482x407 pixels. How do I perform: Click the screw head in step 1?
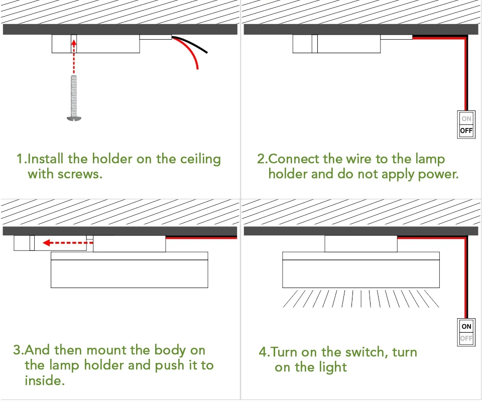pos(73,118)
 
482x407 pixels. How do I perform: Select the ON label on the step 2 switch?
pos(466,119)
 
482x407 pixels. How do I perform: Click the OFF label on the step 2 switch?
pos(466,131)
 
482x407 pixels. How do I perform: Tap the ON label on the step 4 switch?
pos(466,326)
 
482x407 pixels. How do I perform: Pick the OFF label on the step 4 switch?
pos(466,338)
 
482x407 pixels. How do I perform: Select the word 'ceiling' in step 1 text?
pos(200,159)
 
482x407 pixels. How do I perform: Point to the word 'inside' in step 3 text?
pos(44,380)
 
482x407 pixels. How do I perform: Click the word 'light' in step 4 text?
pos(332,367)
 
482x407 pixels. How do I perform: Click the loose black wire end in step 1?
pos(206,52)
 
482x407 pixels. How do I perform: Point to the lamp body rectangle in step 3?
pos(130,274)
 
